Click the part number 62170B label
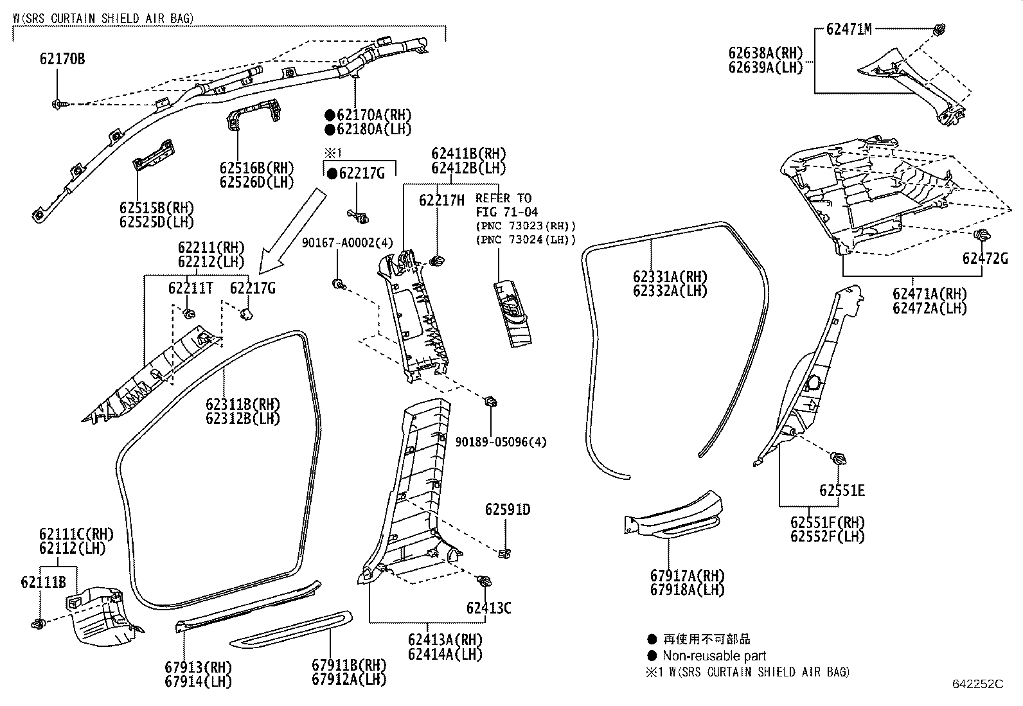tap(62, 59)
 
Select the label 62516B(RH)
tap(256, 168)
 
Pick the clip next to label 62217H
tap(438, 260)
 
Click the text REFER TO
tap(503, 198)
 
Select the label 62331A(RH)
tap(670, 277)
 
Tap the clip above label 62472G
tap(981, 235)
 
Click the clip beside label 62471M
tap(939, 28)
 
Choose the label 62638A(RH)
tap(765, 53)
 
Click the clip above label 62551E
tap(838, 459)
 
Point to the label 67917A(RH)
tap(686, 576)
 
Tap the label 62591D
tap(507, 509)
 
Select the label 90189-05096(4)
tap(501, 442)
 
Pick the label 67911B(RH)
tap(349, 665)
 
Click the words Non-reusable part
tap(715, 656)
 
